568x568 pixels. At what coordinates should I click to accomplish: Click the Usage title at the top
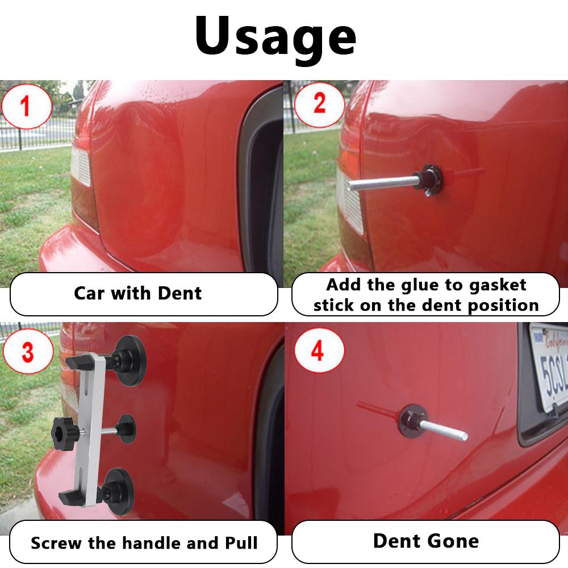(x=276, y=35)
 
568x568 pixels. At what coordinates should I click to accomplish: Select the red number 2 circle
(x=319, y=105)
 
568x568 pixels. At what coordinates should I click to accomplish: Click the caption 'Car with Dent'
(x=137, y=294)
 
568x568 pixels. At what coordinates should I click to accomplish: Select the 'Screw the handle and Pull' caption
(x=144, y=542)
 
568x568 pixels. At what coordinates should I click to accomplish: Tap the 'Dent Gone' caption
(x=425, y=540)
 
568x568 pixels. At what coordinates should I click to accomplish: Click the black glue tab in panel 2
(x=429, y=178)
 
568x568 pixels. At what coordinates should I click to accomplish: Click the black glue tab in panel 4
(x=412, y=420)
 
